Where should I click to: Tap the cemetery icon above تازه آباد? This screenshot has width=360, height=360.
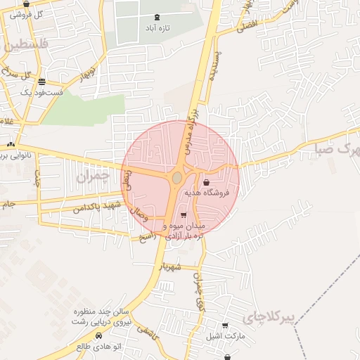coord(156,17)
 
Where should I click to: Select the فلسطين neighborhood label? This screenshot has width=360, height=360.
coord(27,44)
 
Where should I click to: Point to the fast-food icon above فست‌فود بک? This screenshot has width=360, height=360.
coord(41,82)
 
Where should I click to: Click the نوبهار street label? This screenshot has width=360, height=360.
coord(85,72)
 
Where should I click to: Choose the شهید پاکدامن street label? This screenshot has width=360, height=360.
coord(97,206)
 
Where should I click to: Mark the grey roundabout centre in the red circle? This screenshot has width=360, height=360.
coord(176,179)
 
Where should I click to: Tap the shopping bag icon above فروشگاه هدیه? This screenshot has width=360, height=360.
coord(205,182)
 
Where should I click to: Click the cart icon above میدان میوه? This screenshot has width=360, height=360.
coord(184,215)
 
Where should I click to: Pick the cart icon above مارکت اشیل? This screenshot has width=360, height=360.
coord(224,326)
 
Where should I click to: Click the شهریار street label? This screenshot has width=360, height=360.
coord(172,267)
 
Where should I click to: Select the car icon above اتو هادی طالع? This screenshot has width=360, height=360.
coord(98,335)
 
